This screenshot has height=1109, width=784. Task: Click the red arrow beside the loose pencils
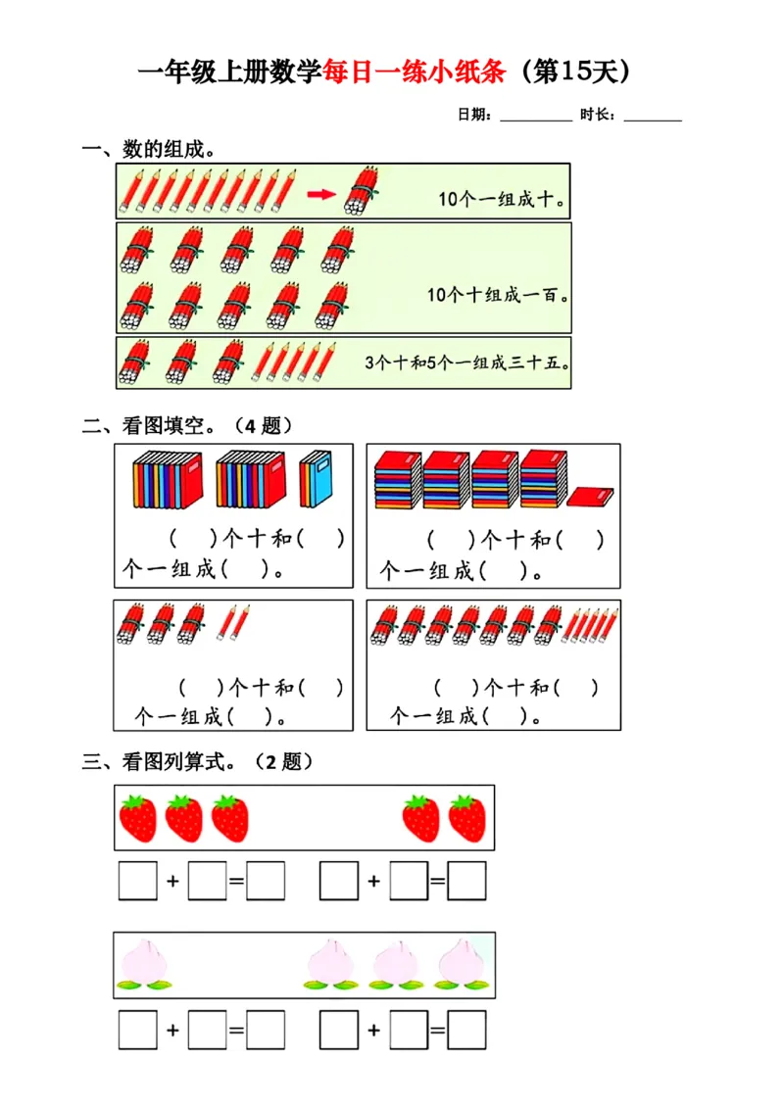(320, 194)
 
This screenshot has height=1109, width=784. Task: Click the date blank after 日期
(535, 117)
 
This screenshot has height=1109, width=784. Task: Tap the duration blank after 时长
(653, 117)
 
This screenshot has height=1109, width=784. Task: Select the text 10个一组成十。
(501, 199)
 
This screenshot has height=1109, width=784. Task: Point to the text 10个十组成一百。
(499, 294)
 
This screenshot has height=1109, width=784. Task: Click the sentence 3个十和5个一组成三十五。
(466, 362)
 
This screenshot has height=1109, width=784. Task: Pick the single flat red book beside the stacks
(590, 497)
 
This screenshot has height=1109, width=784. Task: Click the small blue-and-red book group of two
(317, 479)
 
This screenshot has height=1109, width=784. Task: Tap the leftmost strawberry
(138, 818)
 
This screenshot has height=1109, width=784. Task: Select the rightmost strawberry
(467, 818)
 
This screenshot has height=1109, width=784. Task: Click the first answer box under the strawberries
(137, 880)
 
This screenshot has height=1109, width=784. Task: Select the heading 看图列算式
(178, 761)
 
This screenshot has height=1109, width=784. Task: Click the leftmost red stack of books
(397, 480)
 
